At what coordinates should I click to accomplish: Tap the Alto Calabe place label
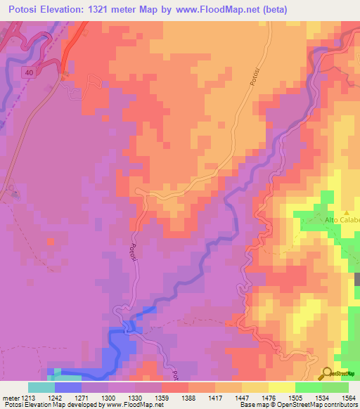tap(342, 219)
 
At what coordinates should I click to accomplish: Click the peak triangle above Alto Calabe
tap(346, 212)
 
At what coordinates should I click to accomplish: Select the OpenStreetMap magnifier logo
tap(327, 373)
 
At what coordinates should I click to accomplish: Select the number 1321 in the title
tap(97, 9)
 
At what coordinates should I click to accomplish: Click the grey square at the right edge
tap(357, 279)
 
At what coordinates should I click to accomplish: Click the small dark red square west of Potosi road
tap(50, 241)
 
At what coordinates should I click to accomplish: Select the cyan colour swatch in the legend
tap(41, 387)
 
